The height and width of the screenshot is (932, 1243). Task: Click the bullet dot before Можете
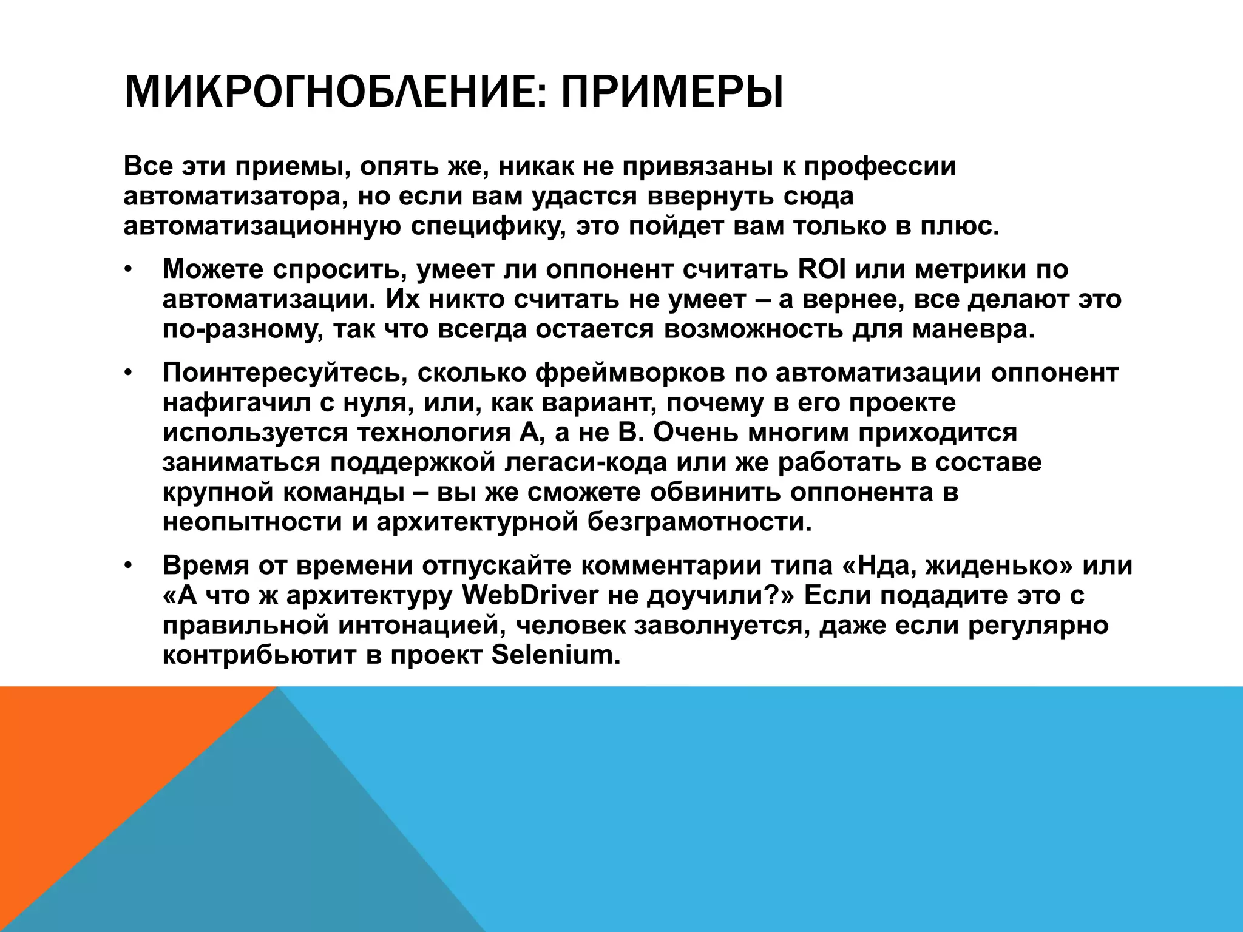tap(128, 269)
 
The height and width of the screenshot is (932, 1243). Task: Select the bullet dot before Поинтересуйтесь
tap(128, 373)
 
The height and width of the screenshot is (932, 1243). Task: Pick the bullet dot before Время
tap(128, 566)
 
